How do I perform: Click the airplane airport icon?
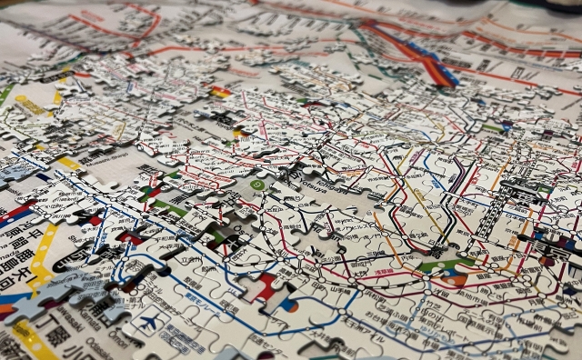point(145,321)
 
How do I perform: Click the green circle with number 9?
point(258,185)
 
